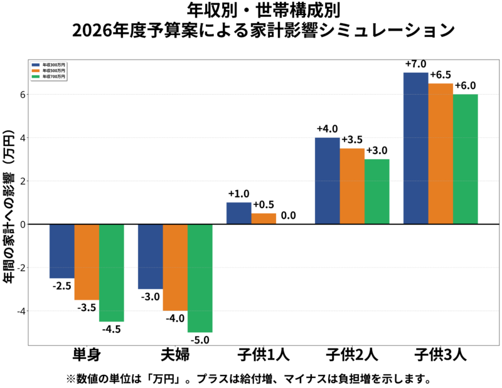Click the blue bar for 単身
pos(61,251)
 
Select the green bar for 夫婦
pos(200,278)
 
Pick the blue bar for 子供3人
pos(415,148)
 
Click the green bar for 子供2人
pos(377,191)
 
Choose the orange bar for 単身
pos(87,262)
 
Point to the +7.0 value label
pos(415,64)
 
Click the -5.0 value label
pos(200,340)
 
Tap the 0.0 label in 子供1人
pos(289,215)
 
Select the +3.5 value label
pos(352,140)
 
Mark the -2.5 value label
pos(61,286)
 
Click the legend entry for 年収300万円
pos(49,65)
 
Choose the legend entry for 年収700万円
pos(49,76)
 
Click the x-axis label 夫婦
pos(174,355)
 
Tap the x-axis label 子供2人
pos(351,355)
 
